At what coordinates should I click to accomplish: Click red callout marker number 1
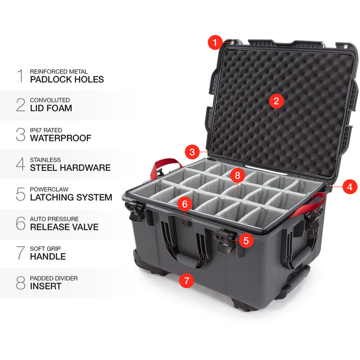coord(215,42)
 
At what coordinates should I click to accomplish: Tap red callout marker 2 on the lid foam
coord(276,101)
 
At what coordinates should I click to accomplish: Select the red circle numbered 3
coord(192,152)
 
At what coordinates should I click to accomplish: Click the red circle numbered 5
coord(246,240)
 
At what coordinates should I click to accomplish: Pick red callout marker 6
coord(185,204)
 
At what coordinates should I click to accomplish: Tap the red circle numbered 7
coord(186,281)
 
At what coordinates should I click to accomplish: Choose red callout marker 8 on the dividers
coord(237,175)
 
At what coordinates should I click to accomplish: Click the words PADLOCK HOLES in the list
coord(67,80)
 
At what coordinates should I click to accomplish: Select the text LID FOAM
coord(51,109)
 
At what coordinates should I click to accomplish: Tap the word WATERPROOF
coord(60,138)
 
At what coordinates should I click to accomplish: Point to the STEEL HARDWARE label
coord(70,168)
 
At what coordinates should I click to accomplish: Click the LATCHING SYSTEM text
coord(71,197)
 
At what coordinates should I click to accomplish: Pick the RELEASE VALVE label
coord(64,226)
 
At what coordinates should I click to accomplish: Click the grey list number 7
coord(21,253)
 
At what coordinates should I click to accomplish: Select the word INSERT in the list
coord(46,286)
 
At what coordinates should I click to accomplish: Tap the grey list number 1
coord(21,76)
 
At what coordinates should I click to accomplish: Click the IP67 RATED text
coord(49,130)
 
